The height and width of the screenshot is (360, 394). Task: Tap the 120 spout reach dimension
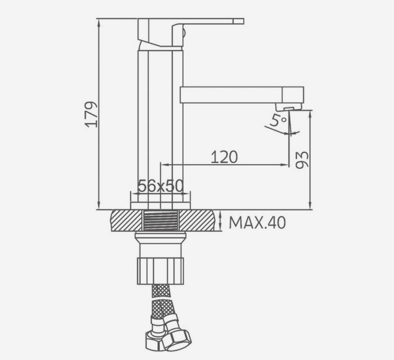pyautogui.click(x=224, y=157)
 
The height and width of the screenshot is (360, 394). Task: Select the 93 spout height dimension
pyautogui.click(x=302, y=160)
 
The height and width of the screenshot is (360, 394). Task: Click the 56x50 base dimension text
pyautogui.click(x=161, y=186)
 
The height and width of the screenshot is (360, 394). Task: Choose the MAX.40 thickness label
pyautogui.click(x=257, y=223)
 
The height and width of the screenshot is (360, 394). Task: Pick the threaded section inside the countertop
pyautogui.click(x=160, y=221)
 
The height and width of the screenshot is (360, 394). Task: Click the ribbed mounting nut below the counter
pyautogui.click(x=161, y=270)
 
